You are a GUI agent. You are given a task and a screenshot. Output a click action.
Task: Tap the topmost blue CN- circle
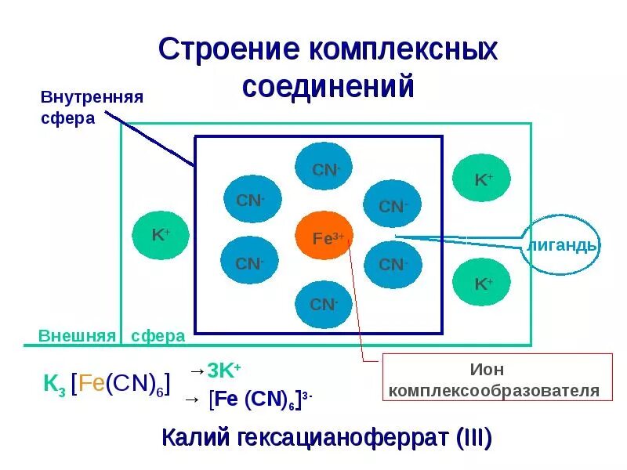click(x=323, y=169)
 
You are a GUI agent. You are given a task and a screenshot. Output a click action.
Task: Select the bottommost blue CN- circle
click(x=323, y=303)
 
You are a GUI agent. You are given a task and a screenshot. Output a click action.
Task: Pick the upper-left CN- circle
click(x=251, y=201)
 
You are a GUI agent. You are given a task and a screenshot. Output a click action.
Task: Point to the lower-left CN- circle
click(x=249, y=263)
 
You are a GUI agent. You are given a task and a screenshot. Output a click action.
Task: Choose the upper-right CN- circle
click(x=392, y=206)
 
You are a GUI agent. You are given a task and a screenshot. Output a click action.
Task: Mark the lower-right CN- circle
click(x=393, y=264)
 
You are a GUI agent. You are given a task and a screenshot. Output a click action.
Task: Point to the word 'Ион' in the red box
click(x=486, y=370)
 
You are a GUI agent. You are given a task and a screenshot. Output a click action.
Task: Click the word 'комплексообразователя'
click(x=495, y=390)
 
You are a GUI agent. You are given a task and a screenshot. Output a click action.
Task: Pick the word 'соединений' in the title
click(x=328, y=86)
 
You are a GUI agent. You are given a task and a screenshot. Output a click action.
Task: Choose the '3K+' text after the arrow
click(x=224, y=371)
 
